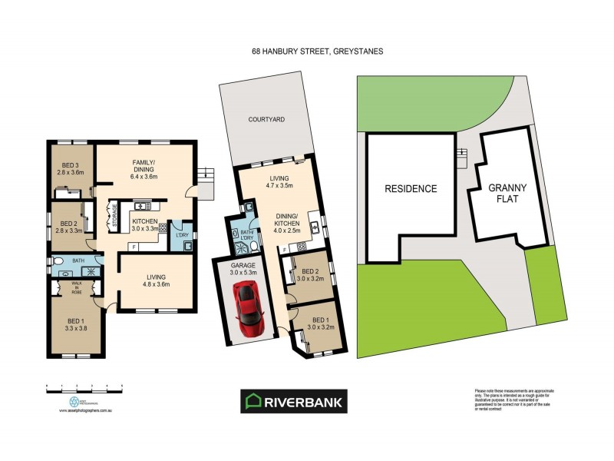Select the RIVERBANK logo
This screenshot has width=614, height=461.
click(295, 401)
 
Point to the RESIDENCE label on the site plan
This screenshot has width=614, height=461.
click(411, 188)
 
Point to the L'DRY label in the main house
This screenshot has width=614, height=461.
click(183, 235)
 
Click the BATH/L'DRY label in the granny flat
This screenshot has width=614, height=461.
click(247, 234)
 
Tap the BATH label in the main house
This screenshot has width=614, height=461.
click(78, 261)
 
